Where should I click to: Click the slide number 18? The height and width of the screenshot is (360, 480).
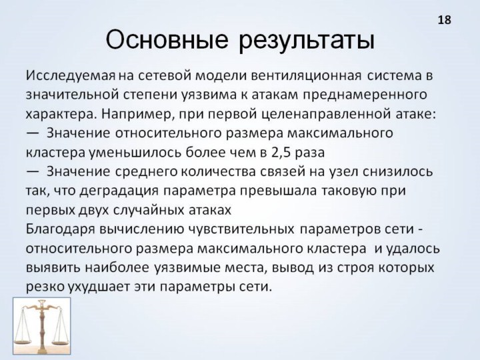pos(445,20)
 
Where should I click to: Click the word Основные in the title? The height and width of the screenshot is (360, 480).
pos(167,39)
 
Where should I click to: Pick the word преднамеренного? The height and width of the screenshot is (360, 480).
pos(365,95)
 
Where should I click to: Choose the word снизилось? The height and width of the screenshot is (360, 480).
pos(397,172)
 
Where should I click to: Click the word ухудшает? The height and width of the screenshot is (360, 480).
pos(100,287)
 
